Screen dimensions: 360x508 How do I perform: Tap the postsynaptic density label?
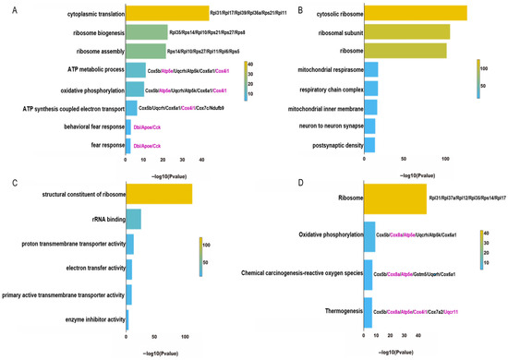tap(331, 146)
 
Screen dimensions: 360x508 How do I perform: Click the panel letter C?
tap(8, 183)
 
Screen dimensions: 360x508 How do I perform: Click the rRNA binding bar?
tap(133, 219)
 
